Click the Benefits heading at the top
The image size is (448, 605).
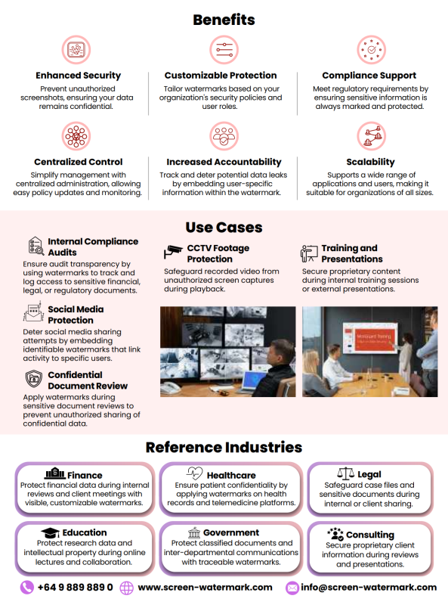(224, 20)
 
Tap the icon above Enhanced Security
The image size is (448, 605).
(76, 50)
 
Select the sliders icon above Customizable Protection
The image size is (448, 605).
(224, 50)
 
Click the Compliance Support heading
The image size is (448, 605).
(369, 76)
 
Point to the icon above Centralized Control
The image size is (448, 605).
(76, 136)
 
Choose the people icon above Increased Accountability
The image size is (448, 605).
(224, 136)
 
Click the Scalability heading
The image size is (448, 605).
(370, 162)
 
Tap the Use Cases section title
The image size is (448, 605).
(224, 228)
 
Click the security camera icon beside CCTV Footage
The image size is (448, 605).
(173, 252)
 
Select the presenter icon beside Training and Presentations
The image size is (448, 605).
(309, 253)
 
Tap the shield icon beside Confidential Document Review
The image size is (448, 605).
(34, 379)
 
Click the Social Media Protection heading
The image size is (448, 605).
(76, 315)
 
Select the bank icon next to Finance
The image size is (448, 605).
(55, 473)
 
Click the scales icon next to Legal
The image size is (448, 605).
(345, 473)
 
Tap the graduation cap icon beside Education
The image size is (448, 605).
(50, 533)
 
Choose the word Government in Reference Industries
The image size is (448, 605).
(231, 533)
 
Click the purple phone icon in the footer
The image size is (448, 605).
(27, 588)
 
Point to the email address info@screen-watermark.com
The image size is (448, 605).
(369, 588)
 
